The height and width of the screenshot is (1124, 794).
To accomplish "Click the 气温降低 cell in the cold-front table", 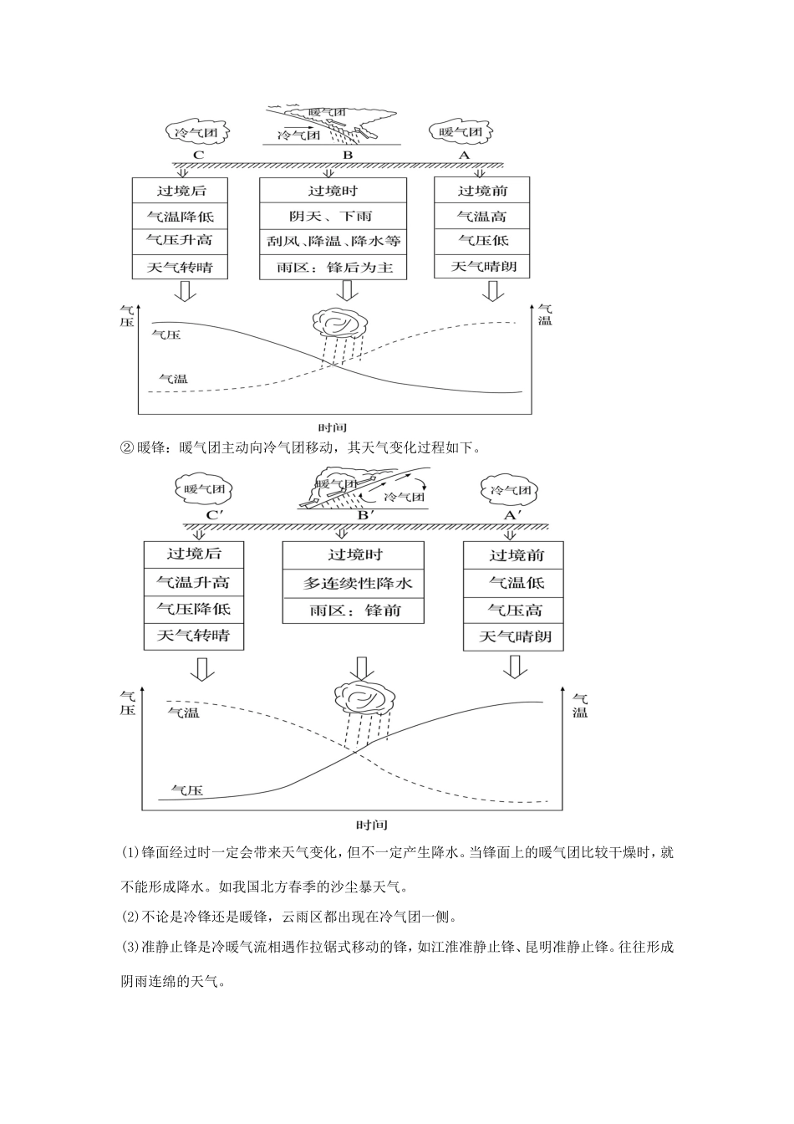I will click(x=181, y=217).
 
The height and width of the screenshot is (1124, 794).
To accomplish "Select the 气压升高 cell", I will click(x=181, y=241).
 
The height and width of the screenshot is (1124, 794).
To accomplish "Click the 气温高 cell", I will click(x=482, y=217).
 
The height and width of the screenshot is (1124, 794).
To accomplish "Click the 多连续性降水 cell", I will click(x=353, y=584).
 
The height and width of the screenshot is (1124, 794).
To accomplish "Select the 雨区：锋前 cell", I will click(x=353, y=611).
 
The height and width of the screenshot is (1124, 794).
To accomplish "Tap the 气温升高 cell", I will click(x=193, y=582).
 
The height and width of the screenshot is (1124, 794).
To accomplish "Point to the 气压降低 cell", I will click(x=193, y=609).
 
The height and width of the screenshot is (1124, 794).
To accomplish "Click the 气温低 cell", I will click(x=514, y=583).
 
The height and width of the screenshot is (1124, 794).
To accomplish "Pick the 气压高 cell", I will click(x=514, y=610).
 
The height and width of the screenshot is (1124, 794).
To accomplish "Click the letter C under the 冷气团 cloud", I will click(x=198, y=155).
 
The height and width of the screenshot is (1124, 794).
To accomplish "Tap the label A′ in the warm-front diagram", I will click(x=513, y=515).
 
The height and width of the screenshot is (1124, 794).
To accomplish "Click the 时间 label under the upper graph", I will click(x=333, y=427).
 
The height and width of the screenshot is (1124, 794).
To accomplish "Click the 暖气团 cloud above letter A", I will click(x=461, y=132).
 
